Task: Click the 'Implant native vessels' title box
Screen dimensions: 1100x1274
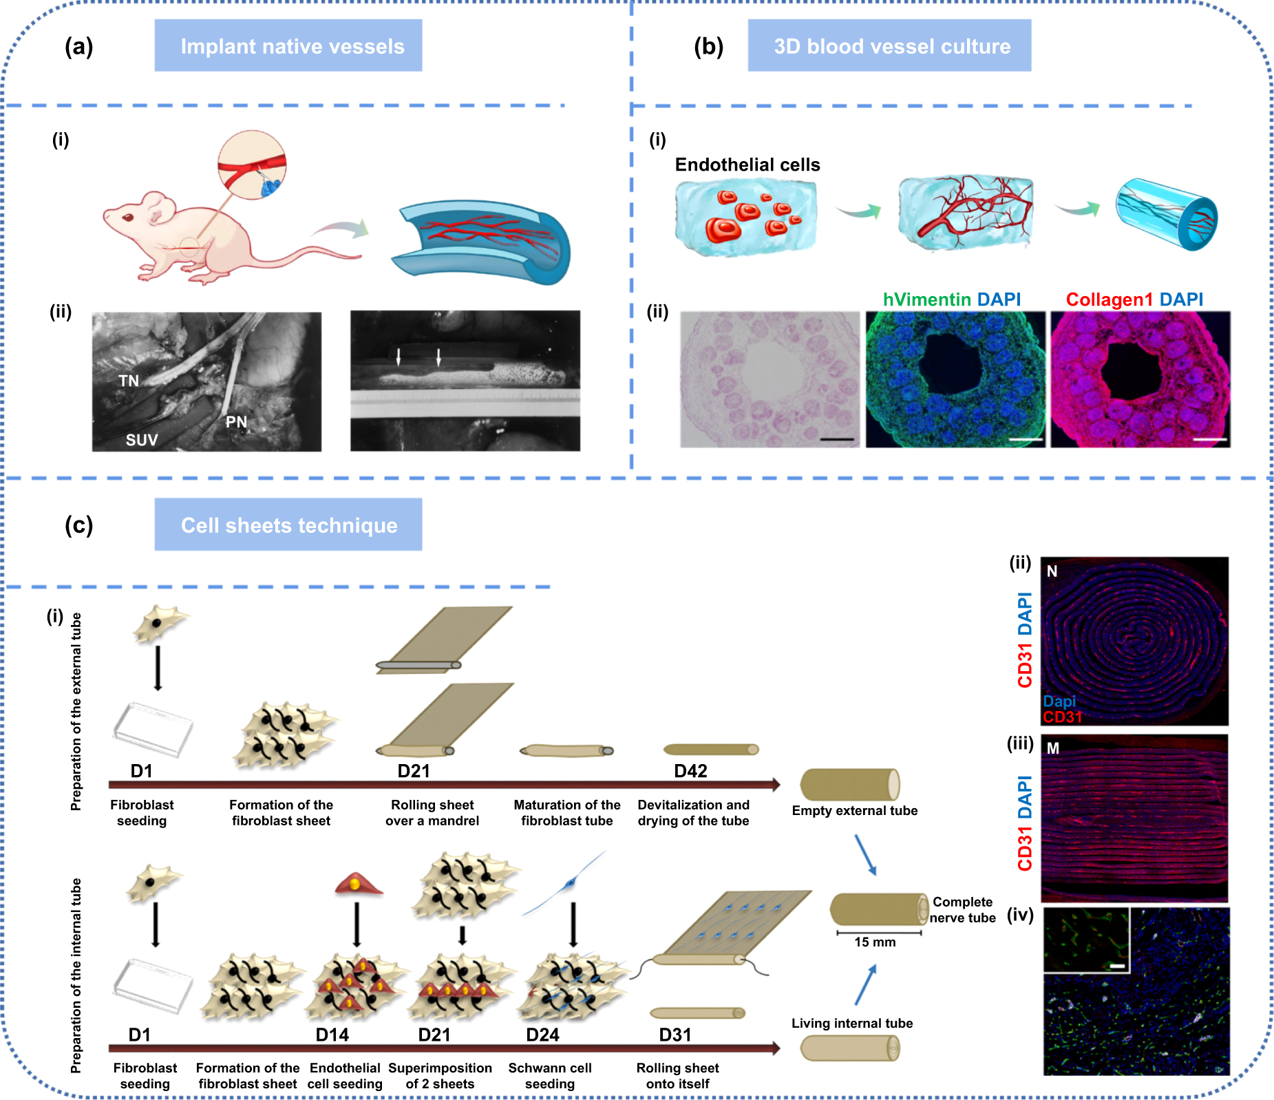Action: click(288, 45)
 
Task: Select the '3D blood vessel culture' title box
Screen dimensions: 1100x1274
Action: click(889, 45)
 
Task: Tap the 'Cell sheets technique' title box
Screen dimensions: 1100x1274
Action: click(288, 525)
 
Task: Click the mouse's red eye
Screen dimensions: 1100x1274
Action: click(128, 218)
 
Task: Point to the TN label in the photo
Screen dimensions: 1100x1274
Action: click(129, 381)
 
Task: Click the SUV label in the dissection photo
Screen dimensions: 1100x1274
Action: click(142, 440)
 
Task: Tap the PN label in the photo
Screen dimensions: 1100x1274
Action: click(236, 422)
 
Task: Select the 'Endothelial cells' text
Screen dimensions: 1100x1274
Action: click(747, 165)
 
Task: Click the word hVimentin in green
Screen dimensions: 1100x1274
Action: click(926, 299)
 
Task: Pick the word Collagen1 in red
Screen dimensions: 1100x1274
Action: click(1109, 299)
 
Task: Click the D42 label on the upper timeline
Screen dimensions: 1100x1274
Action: click(690, 771)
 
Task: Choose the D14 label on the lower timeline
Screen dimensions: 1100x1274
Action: click(332, 1035)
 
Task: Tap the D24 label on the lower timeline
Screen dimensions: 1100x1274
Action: click(542, 1035)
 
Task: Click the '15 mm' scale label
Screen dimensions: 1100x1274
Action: click(875, 942)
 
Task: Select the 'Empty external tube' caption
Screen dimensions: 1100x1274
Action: click(854, 810)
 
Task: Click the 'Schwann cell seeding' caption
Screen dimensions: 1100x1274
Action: click(550, 1075)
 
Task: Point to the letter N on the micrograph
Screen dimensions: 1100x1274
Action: click(1052, 571)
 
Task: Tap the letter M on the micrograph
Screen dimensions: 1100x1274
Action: click(1052, 748)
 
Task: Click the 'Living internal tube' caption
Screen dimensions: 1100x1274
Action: click(851, 1023)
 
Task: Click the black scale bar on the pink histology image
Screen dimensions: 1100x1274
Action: click(837, 438)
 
